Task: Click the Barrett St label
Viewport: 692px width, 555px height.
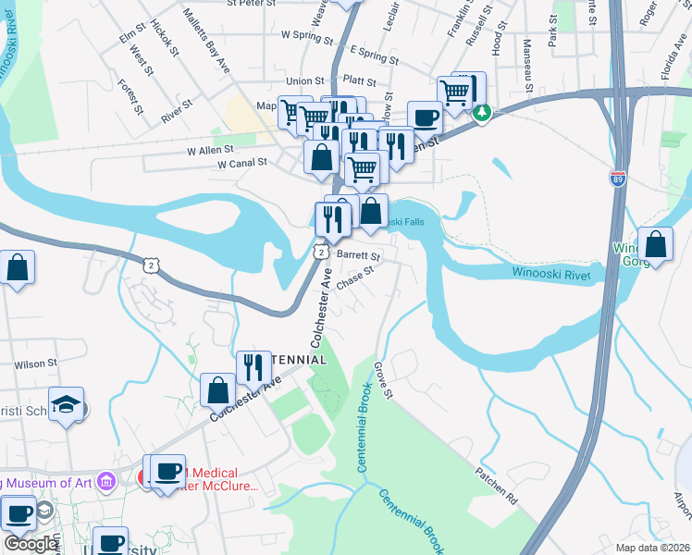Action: point(358,255)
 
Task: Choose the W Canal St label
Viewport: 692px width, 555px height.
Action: point(241,163)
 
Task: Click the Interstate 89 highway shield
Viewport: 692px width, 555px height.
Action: point(617,178)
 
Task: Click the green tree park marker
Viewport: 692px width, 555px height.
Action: point(481,113)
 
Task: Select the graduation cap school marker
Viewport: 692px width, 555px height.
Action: point(67,404)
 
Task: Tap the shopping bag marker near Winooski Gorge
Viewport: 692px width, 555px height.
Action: point(655,245)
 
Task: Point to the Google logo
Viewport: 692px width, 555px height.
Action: point(30,544)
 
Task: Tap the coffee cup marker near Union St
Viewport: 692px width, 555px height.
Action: point(425,117)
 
